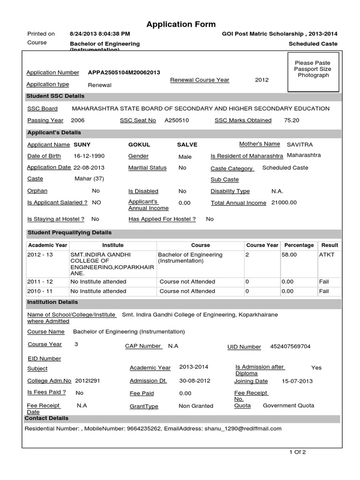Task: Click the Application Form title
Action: coord(181,24)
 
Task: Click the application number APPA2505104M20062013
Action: coord(124,73)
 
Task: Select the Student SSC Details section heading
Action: coord(56,96)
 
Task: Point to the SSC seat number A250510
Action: coord(177,120)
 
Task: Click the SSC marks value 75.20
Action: coord(292,120)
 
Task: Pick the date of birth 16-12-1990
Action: coord(89,156)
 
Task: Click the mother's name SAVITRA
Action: coord(300,144)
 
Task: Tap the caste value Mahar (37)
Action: coord(89,179)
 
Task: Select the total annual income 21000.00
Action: coord(284,202)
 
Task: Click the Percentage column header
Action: coord(299,245)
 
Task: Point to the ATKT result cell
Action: coord(327,255)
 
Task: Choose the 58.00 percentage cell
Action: coord(289,255)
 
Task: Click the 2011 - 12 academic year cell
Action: coord(40,282)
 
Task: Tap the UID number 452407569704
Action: coord(290,346)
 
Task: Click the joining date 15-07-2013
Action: coord(298,381)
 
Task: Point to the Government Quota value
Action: coord(288,405)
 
